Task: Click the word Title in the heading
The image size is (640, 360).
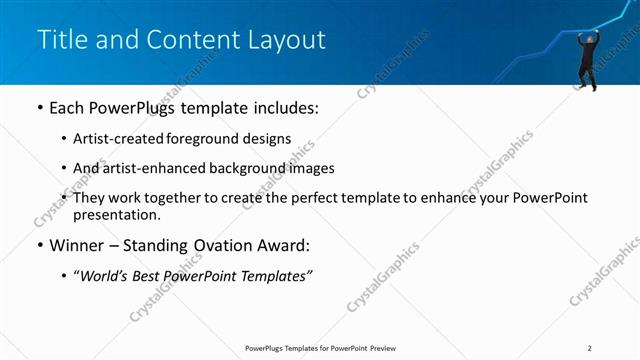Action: pyautogui.click(x=60, y=40)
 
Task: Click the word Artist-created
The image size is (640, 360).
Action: pyautogui.click(x=120, y=139)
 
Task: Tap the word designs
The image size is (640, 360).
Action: pyautogui.click(x=267, y=139)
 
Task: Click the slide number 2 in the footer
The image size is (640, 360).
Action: pyautogui.click(x=590, y=348)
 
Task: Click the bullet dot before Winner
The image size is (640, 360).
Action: pyautogui.click(x=39, y=246)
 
